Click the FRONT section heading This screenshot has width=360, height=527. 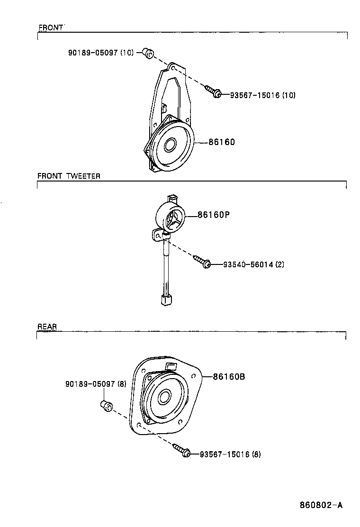click(x=51, y=28)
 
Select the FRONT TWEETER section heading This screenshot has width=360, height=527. click(x=69, y=176)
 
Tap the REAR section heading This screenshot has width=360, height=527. click(x=47, y=327)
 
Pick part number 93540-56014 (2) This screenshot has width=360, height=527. click(x=253, y=264)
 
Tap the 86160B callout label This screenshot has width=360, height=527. click(x=229, y=377)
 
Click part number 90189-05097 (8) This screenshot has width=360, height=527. click(x=96, y=384)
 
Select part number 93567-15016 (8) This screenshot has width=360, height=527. click(x=230, y=454)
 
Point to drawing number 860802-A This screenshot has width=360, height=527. click(x=321, y=505)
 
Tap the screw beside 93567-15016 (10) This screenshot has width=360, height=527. click(x=213, y=91)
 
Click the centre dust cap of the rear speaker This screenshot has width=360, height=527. click(x=164, y=396)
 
